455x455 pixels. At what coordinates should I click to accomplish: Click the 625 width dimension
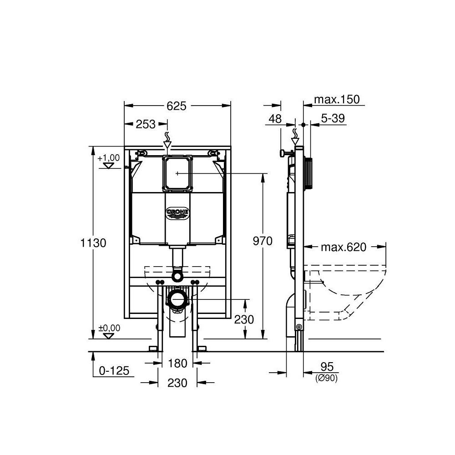(x=177, y=106)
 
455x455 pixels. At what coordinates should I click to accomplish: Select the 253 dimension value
(x=146, y=124)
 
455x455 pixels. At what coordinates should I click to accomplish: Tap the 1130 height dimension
(x=94, y=243)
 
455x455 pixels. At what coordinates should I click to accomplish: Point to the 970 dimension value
(x=263, y=241)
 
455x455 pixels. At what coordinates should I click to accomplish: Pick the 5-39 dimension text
(x=333, y=119)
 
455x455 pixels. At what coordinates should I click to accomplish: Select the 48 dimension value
(x=275, y=119)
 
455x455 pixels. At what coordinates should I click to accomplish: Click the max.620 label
(x=344, y=247)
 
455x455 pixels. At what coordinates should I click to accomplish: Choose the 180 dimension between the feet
(x=177, y=363)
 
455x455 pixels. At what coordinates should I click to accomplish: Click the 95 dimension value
(x=327, y=367)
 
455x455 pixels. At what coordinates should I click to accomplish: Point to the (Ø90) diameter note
(x=326, y=378)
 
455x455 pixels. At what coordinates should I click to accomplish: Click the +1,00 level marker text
(x=108, y=157)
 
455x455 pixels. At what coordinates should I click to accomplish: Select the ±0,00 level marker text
(x=109, y=328)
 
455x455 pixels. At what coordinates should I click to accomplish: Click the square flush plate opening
(x=177, y=173)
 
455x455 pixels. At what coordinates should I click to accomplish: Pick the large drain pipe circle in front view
(x=177, y=300)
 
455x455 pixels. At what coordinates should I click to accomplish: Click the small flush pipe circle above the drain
(x=177, y=275)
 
